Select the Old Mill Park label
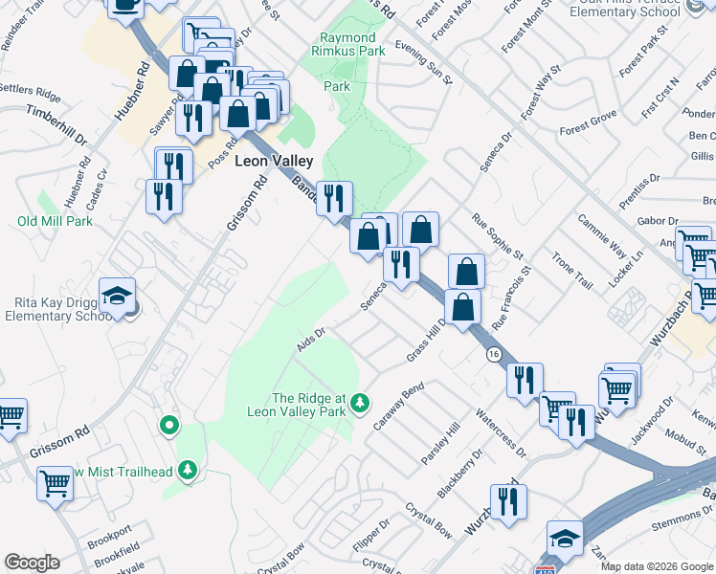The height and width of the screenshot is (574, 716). pyautogui.click(x=55, y=221)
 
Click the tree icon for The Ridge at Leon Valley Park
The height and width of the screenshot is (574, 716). pyautogui.click(x=360, y=402)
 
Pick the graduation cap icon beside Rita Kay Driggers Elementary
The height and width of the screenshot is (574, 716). pyautogui.click(x=117, y=296)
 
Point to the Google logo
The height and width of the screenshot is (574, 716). pyautogui.click(x=32, y=563)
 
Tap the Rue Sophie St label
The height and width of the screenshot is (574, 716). pyautogui.click(x=498, y=236)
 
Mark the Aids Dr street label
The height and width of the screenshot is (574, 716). pyautogui.click(x=312, y=339)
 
